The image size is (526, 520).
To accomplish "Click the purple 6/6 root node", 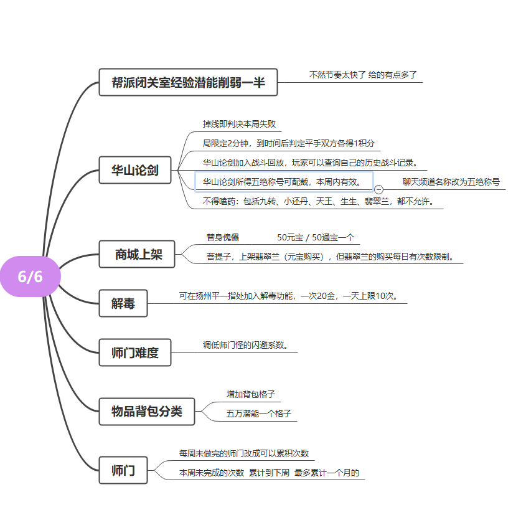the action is [31, 277].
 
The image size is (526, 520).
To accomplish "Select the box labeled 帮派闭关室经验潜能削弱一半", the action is [188, 82].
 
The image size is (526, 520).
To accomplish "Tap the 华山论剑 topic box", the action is [135, 170].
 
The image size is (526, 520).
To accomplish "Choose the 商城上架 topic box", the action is [137, 254].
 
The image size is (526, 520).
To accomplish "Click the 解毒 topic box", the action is [123, 303].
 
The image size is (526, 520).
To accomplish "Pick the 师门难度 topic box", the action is [135, 352].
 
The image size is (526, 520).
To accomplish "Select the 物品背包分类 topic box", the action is [147, 412].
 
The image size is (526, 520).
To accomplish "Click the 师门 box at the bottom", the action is [123, 470].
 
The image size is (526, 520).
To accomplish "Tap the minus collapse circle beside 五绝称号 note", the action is [378, 190].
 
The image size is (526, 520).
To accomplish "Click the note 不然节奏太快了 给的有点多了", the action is [363, 75].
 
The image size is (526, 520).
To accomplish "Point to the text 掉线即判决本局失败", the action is [239, 124].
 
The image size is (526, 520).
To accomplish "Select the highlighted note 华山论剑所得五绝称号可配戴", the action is [284, 182].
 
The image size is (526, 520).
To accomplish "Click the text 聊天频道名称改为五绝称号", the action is [451, 182].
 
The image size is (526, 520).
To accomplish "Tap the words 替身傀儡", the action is [223, 237].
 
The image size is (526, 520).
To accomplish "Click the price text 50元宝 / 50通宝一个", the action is [316, 237].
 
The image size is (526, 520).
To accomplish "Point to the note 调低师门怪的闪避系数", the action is [245, 345].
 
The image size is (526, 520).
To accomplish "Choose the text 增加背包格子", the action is [251, 394].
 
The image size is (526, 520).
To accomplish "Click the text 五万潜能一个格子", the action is [258, 414].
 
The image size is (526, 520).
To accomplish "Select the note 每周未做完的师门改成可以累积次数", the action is [244, 453].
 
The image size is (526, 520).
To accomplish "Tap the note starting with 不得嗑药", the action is [319, 201].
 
